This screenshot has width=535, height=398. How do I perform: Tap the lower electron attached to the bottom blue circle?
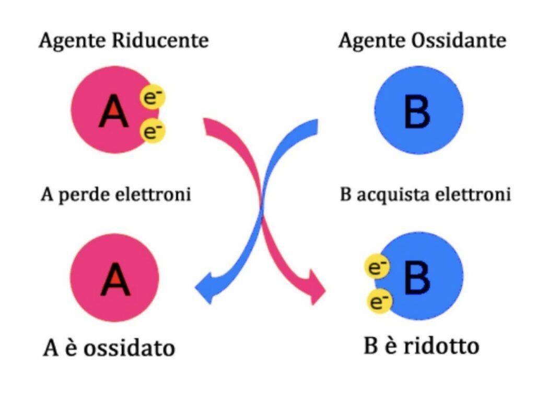380,301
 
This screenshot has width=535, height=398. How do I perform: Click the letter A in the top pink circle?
113,112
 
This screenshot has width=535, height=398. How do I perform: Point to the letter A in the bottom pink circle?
115,280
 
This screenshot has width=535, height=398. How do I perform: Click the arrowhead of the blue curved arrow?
205,289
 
